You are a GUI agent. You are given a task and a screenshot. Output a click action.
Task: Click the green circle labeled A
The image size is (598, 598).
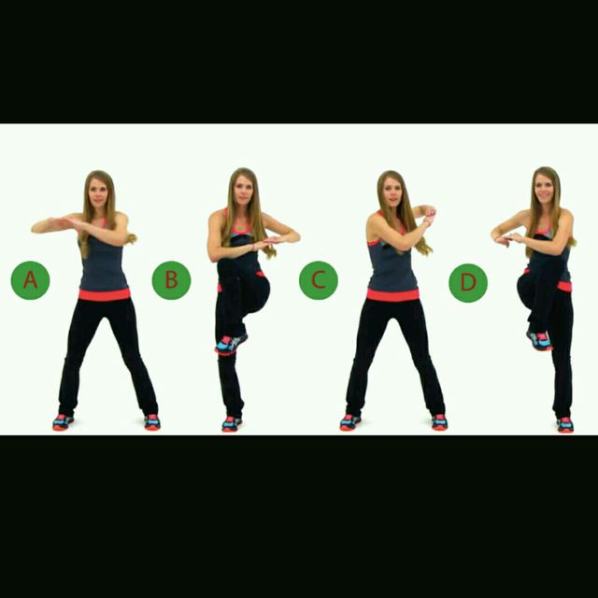click(x=30, y=280)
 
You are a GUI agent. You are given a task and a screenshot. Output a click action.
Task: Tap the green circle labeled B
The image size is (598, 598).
click(x=171, y=279)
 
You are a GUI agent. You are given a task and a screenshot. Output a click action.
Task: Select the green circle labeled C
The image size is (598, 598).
click(x=319, y=280)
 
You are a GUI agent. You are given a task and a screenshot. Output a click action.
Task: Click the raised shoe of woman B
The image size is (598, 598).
click(x=227, y=345)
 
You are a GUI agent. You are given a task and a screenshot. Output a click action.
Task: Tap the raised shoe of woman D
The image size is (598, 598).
click(x=539, y=340)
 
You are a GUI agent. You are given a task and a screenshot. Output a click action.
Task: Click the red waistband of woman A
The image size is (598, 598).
click(x=104, y=294)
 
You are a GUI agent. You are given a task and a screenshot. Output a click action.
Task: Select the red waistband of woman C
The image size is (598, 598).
click(x=392, y=294)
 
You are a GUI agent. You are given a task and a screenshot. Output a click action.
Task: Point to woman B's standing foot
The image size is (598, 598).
click(x=231, y=424)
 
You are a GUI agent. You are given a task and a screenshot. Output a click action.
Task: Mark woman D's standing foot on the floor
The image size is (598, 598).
click(x=564, y=425)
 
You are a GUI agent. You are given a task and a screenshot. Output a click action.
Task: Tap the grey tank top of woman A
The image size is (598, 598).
click(x=103, y=263)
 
